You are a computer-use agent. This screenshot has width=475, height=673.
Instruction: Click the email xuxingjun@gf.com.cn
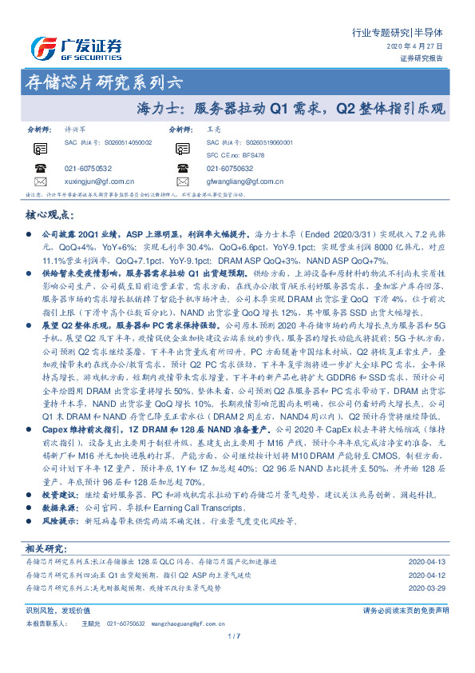point(99,181)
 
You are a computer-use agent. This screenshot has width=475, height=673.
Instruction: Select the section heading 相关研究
point(46,548)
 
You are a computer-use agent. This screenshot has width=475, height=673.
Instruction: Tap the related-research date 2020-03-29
point(429,587)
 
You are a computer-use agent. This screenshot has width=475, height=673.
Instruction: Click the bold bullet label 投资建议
point(57,496)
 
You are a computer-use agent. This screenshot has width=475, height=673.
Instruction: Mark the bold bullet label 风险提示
point(57,520)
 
